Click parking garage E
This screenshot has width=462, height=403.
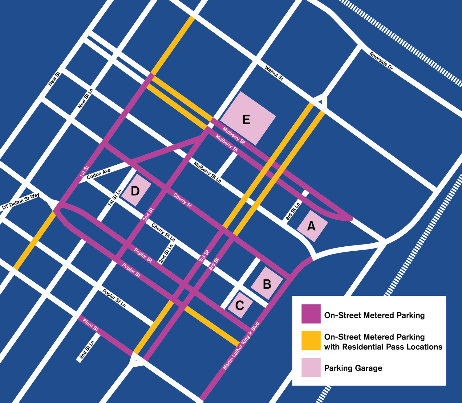(x=248, y=118)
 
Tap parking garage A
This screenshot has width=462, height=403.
(x=312, y=226)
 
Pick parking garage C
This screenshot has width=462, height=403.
(x=240, y=305)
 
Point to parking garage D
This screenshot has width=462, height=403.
(x=136, y=191)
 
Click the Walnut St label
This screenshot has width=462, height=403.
(x=274, y=73)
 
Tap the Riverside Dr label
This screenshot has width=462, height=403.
(x=381, y=61)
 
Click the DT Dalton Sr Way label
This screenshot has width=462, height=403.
(x=21, y=202)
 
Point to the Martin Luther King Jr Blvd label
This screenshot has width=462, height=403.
(x=241, y=346)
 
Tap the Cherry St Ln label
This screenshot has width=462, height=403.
(x=163, y=232)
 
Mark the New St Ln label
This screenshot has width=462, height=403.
(x=85, y=98)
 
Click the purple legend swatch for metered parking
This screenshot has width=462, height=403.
(x=311, y=314)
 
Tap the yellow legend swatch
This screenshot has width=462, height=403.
(x=311, y=341)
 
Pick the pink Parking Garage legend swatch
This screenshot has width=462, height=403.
(x=311, y=367)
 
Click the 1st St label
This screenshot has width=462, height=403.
(x=84, y=171)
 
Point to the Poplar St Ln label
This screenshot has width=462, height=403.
(x=114, y=298)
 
